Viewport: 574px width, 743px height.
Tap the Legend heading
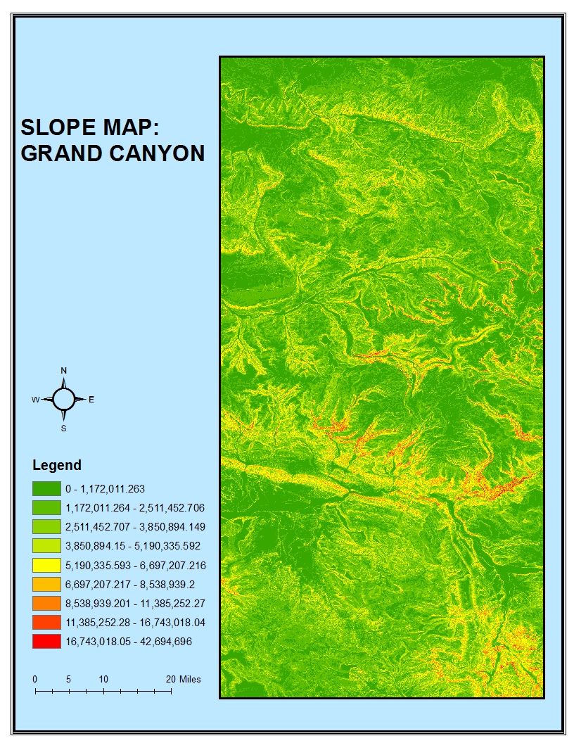57,465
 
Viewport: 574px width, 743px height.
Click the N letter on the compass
63,370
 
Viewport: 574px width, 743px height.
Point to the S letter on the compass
63,428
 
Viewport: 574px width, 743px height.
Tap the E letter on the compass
91,400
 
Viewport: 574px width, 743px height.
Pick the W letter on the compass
35,400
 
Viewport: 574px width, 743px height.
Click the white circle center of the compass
63,399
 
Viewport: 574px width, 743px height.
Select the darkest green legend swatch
46,488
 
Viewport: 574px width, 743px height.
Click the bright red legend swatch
46,642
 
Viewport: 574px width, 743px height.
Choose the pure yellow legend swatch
46,565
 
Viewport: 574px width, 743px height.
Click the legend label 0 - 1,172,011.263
106,488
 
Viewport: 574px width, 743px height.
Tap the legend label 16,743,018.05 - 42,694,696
129,642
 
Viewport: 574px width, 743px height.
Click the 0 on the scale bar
34,679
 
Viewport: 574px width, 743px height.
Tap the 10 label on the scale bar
103,679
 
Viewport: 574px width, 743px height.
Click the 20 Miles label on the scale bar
183,679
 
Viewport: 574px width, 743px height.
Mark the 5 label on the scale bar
68,679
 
